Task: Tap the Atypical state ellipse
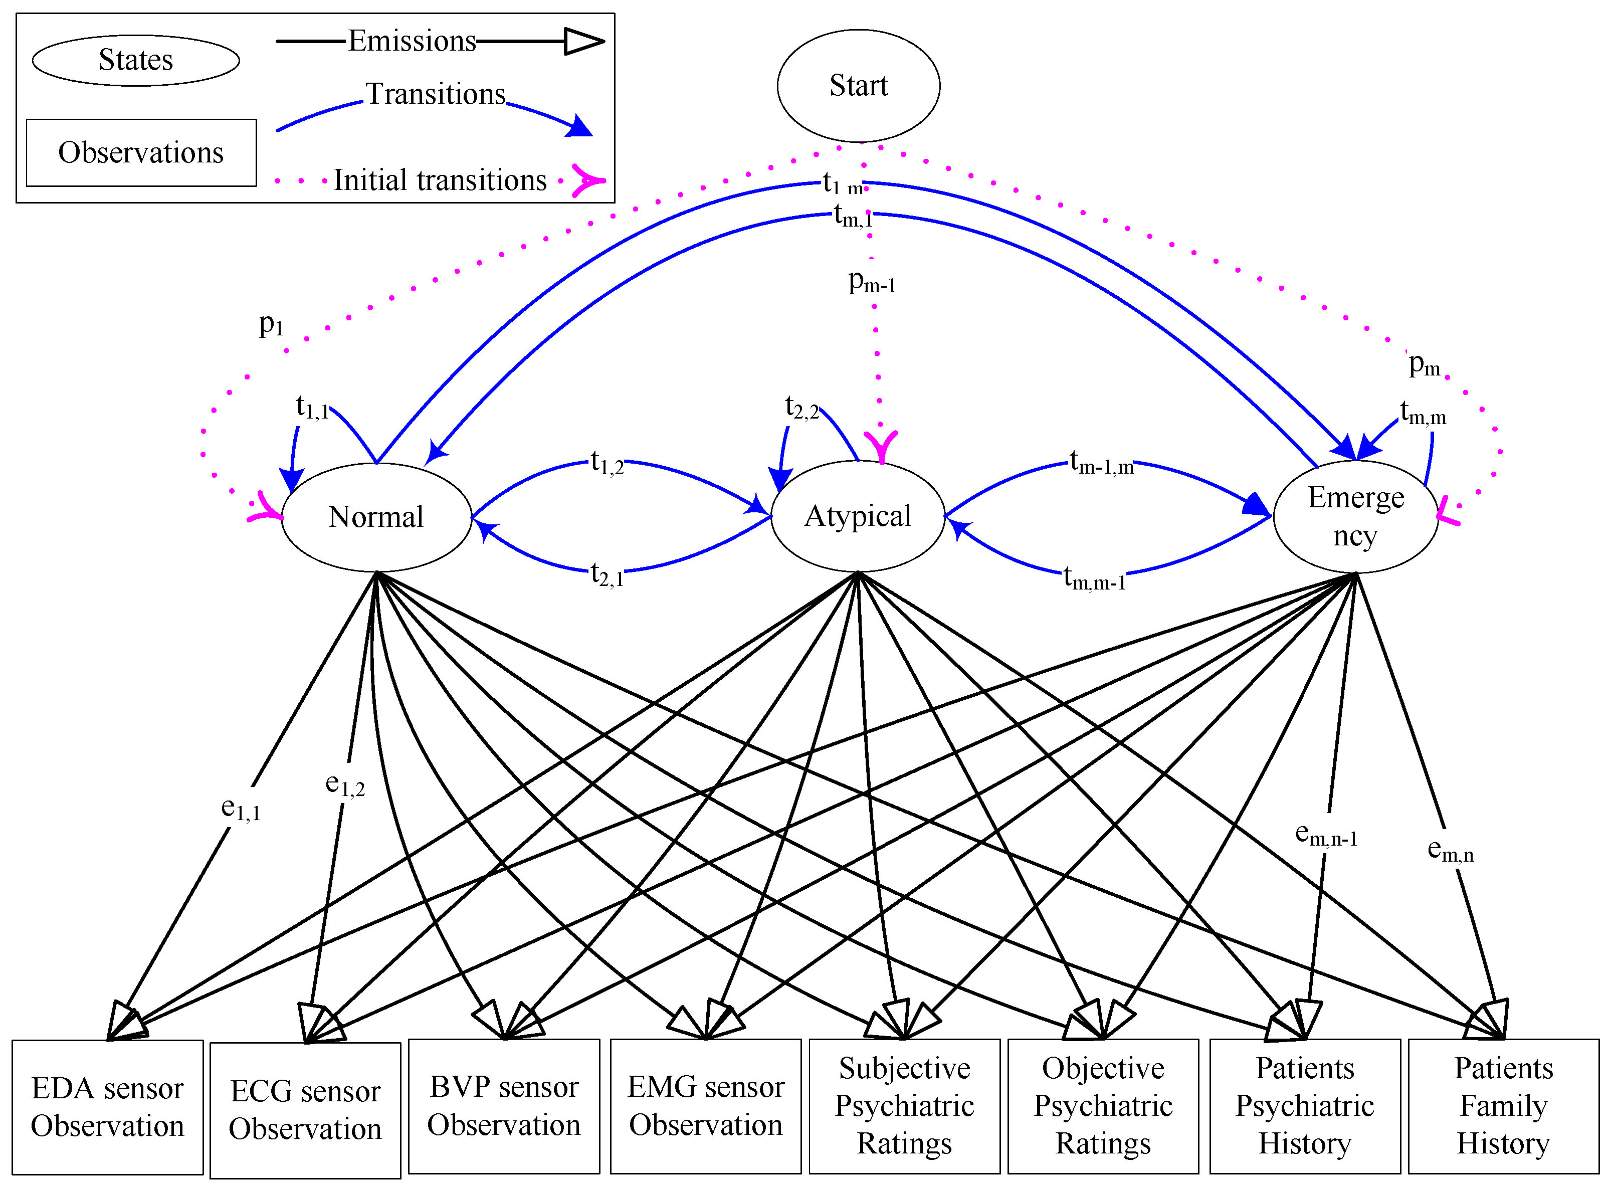pyautogui.click(x=857, y=516)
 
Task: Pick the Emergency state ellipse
pyautogui.click(x=1355, y=516)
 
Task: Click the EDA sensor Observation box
pyautogui.click(x=108, y=1107)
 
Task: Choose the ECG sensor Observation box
pyautogui.click(x=306, y=1110)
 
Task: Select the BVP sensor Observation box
pyautogui.click(x=504, y=1106)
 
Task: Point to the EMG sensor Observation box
pyautogui.click(x=705, y=1106)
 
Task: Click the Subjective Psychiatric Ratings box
pyautogui.click(x=905, y=1106)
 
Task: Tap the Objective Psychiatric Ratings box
pyautogui.click(x=1103, y=1106)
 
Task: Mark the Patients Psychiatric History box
pyautogui.click(x=1305, y=1106)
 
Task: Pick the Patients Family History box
pyautogui.click(x=1504, y=1106)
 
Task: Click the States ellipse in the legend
pyautogui.click(x=136, y=61)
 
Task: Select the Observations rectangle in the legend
pyautogui.click(x=142, y=152)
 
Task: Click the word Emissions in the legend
pyautogui.click(x=412, y=41)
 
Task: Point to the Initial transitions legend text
pyautogui.click(x=440, y=180)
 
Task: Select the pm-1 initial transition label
pyautogui.click(x=872, y=281)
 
